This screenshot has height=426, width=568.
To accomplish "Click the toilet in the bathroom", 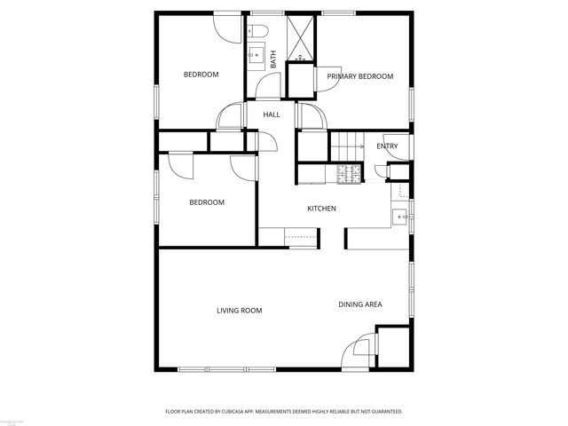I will click(258, 34).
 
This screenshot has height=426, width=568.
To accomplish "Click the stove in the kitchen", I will click(349, 174).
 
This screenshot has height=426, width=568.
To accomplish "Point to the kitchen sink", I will click(401, 216).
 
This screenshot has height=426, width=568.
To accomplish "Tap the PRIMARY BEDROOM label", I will click(359, 76).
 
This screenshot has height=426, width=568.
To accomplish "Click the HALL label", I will click(272, 114).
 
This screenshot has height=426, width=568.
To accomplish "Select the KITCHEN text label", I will click(321, 209).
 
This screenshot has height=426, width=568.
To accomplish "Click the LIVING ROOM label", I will click(240, 311).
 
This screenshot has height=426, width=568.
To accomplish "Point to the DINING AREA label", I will click(360, 304).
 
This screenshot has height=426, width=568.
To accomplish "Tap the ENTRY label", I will click(387, 146).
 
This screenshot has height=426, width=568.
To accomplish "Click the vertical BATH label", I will click(273, 59).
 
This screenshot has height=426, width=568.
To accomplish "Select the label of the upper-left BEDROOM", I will click(201, 75).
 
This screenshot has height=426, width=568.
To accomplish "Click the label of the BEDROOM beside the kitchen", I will click(207, 202).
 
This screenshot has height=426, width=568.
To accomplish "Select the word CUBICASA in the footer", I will click(243, 412).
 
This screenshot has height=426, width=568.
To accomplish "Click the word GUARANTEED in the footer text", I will click(383, 412).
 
